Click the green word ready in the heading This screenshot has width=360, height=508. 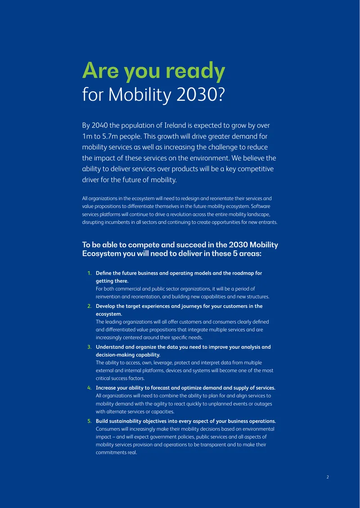(x=194, y=72)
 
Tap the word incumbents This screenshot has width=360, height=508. (x=113, y=222)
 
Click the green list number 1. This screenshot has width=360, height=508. (x=89, y=273)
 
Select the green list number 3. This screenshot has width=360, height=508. (x=89, y=347)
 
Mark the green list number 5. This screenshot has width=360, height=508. (x=89, y=421)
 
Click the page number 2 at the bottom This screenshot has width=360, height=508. (x=328, y=477)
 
